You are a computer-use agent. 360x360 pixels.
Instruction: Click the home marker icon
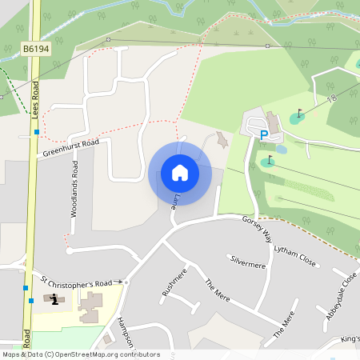coord(179,173)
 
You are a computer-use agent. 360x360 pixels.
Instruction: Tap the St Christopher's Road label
coord(76,283)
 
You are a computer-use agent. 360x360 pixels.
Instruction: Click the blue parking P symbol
coord(263,136)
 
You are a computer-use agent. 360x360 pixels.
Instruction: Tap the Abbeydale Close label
coord(341,296)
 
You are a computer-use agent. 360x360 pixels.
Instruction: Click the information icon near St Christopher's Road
coord(54,299)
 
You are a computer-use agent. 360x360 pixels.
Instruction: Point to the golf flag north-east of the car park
coord(299,114)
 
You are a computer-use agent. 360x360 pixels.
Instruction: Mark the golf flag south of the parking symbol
coord(268,162)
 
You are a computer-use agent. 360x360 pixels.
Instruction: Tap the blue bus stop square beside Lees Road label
coord(37,131)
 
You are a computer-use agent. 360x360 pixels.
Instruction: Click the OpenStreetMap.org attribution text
coord(104,354)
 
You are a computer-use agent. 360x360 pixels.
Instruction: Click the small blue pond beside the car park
coord(281,149)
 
